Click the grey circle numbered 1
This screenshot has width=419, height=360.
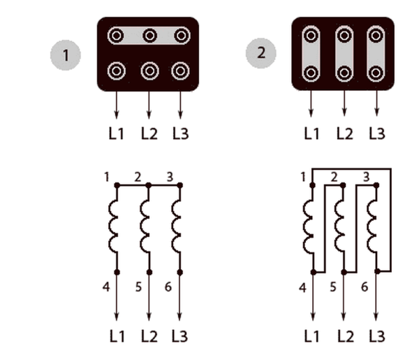coord(67,55)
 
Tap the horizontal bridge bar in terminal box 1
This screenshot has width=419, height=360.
coord(148,36)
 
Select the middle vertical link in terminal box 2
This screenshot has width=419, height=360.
coord(344,53)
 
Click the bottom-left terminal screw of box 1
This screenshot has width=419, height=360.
coord(116,71)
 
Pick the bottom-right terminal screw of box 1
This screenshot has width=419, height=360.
coord(181,71)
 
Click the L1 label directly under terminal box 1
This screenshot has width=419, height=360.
coord(116,132)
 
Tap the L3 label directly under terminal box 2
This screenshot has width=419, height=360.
coord(376,132)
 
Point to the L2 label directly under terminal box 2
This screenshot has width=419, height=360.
coord(344,132)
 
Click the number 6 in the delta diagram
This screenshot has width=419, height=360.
coord(365,287)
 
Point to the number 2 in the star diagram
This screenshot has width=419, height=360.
coord(138,176)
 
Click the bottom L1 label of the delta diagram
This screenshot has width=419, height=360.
coord(312,337)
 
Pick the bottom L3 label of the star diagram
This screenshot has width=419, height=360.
coord(181,337)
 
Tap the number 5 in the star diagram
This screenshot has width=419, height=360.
coord(138,287)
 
